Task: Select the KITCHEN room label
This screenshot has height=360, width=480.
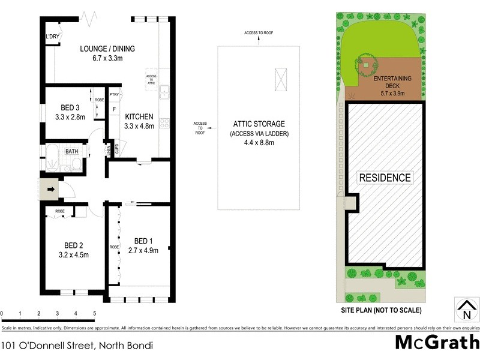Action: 139,116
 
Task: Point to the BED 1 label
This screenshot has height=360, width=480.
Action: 143,241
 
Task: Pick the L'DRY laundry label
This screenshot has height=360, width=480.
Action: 52,37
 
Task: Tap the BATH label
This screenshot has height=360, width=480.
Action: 72,152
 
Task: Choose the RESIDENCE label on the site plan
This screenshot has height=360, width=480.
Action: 385,178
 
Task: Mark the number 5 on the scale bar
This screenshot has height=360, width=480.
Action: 94,314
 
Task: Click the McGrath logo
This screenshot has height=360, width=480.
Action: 437,343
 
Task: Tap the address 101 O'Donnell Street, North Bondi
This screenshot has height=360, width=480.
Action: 77,345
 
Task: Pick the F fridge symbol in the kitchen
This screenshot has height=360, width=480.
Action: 114,109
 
